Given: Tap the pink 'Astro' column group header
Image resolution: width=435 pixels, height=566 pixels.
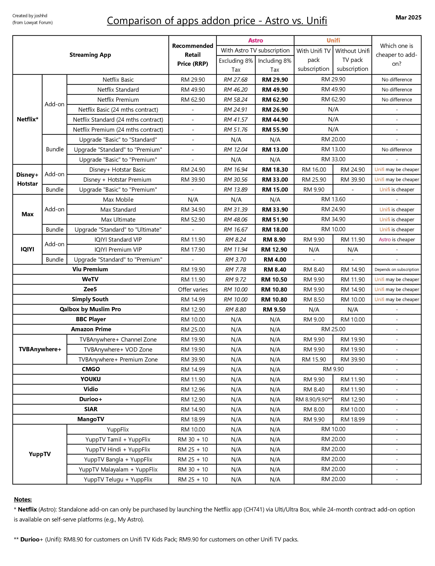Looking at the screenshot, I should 255,40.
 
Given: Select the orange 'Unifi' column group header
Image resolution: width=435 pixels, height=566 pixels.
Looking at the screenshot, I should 333,40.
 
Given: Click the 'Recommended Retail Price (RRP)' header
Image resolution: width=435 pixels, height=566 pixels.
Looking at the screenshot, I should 193,55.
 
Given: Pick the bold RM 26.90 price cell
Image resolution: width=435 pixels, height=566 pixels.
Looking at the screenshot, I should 275,110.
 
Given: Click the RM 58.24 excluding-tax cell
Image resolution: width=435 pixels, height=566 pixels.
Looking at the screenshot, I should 236,100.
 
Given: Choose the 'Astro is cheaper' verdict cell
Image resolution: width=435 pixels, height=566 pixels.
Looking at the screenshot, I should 396,240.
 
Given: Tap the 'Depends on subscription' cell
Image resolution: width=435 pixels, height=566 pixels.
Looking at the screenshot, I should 396,269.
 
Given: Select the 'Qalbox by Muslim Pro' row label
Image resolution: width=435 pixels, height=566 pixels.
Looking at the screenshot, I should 90,309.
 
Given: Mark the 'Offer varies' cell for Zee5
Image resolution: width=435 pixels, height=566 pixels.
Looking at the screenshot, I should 193,289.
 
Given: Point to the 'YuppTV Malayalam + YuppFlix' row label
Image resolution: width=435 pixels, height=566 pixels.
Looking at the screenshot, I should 118,469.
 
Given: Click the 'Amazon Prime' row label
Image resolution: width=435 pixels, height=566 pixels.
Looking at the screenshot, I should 91,329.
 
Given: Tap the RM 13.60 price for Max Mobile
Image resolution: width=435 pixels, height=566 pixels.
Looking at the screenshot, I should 333,199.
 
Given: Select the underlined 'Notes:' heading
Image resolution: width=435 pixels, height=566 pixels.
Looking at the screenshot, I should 23,499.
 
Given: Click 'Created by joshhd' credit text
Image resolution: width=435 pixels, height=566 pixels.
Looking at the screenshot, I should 30,16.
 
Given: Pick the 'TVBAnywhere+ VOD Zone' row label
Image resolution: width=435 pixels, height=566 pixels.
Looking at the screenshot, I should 118,350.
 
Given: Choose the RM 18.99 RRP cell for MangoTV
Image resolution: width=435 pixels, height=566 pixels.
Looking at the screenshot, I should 193,419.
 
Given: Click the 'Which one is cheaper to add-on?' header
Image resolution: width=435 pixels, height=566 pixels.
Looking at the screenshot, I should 396,55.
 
